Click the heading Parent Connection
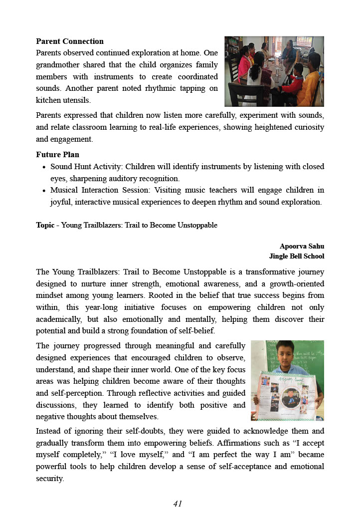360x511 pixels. pyautogui.click(x=70, y=41)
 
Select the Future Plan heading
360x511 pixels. pyautogui.click(x=57, y=155)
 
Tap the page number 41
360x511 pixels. pyautogui.click(x=178, y=504)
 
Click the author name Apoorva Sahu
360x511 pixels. pyautogui.click(x=302, y=247)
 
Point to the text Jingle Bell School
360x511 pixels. pyautogui.click(x=297, y=256)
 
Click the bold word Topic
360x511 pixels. pyautogui.click(x=45, y=225)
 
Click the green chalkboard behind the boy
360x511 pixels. pyautogui.click(x=309, y=357)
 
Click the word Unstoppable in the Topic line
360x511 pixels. pyautogui.click(x=198, y=225)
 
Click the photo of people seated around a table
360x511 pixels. pyautogui.click(x=274, y=71)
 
